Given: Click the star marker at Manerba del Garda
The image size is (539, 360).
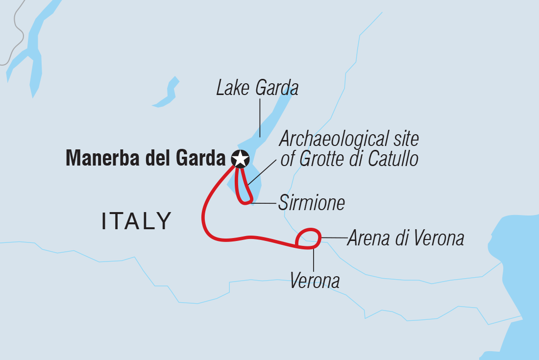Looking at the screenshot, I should point(240,158).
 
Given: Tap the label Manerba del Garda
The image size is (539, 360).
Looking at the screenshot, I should point(146,158).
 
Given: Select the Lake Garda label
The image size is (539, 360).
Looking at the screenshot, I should point(257,89).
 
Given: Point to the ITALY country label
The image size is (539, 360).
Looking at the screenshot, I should point(137,221).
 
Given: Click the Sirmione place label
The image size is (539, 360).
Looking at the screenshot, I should point(311,203).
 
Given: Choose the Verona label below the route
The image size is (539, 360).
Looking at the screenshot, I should point(315,281).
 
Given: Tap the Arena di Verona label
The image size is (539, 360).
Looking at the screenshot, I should point(405,239).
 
